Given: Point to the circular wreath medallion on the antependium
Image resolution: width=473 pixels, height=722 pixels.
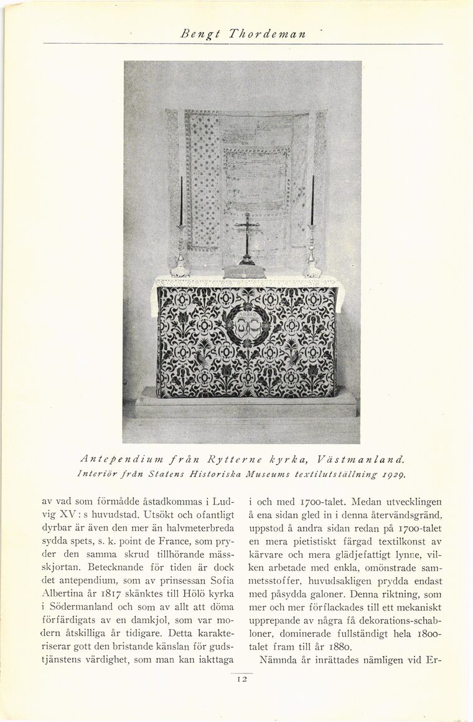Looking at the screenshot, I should [247, 321].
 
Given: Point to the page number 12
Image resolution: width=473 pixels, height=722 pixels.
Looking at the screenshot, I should [242, 679].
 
